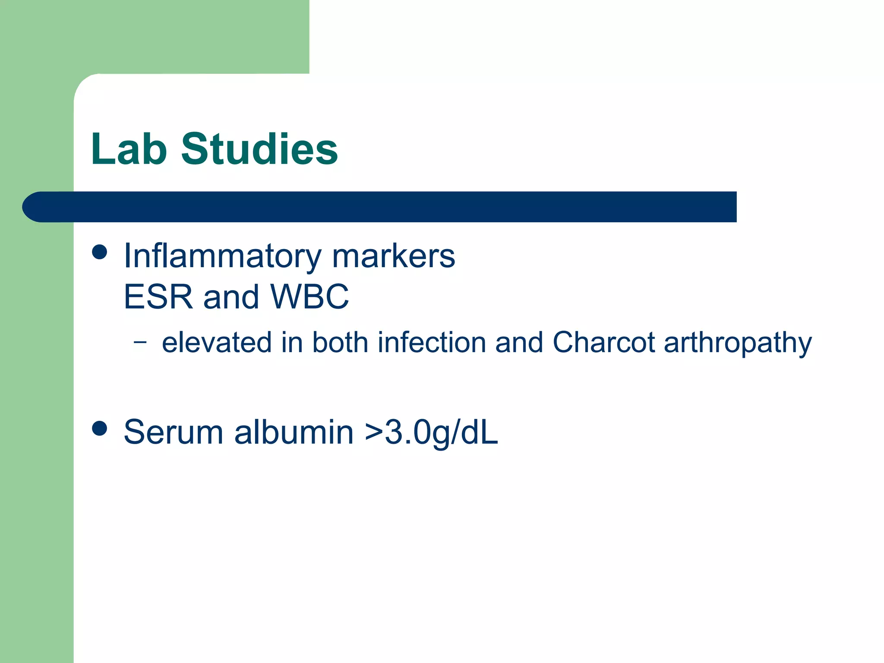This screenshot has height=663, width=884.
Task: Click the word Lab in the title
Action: pos(129,149)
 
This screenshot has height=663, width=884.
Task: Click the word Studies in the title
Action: pos(259,149)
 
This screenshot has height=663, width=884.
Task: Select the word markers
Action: pos(393,256)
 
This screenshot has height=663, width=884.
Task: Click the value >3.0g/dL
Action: pos(431,433)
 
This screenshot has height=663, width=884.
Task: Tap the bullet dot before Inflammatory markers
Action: pos(100,252)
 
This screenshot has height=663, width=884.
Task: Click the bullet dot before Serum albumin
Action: pos(100,428)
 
